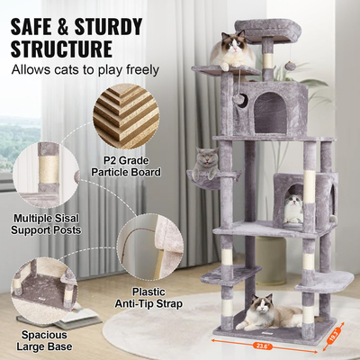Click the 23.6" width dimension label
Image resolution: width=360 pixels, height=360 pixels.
(x=260, y=342)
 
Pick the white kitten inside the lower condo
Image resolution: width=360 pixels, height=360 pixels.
(x=293, y=209)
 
